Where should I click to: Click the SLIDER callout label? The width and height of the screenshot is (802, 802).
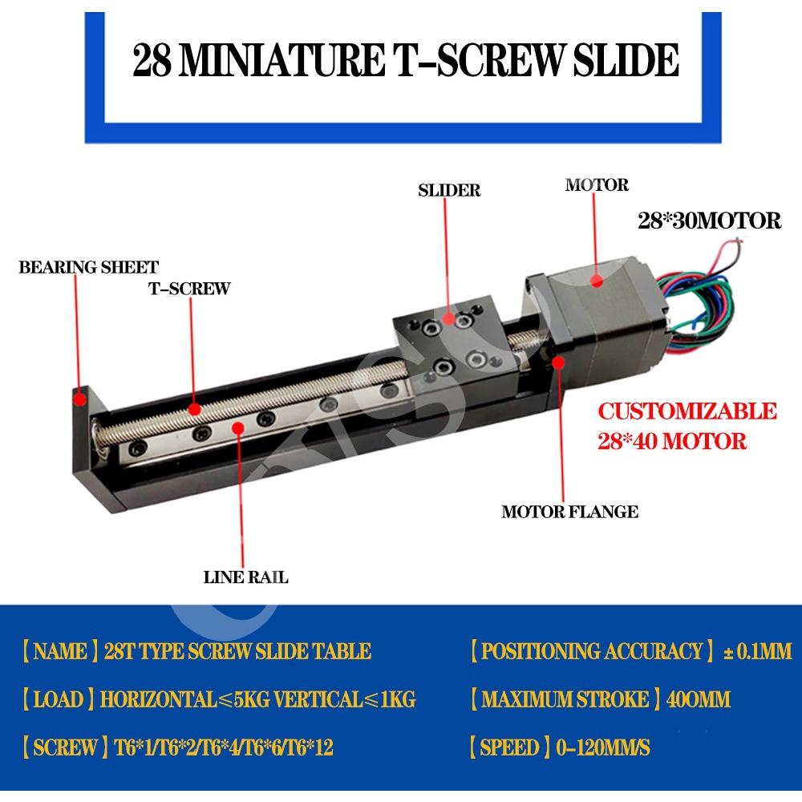coord(449,191)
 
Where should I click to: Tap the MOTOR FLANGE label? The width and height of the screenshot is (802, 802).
coord(569,512)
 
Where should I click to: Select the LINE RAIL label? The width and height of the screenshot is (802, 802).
coord(245,577)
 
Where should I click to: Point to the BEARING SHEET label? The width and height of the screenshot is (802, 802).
coord(88,267)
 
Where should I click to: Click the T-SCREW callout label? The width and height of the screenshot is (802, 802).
coord(188,289)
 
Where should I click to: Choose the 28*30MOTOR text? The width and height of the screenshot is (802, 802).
coord(709,221)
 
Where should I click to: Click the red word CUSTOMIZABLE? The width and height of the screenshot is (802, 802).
coord(687,411)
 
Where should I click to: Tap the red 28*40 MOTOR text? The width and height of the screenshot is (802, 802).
coord(672,440)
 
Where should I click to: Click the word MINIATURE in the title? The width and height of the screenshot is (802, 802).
coord(273,61)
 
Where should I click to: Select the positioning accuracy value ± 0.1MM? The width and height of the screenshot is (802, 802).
coord(757,651)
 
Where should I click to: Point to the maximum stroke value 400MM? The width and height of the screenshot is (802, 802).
coord(699,699)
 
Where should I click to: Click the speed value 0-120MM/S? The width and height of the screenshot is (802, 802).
coord(599,748)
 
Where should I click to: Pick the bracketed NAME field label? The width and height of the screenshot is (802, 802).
coord(59,651)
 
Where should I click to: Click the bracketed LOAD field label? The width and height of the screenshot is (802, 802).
coord(55,699)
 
